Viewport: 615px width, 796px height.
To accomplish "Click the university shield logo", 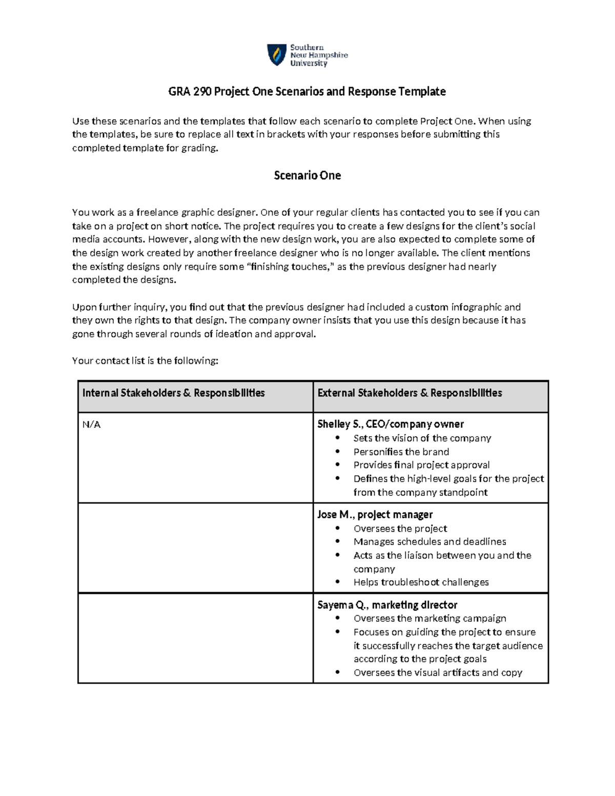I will pyautogui.click(x=277, y=55).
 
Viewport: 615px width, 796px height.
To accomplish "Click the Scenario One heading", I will pyautogui.click(x=307, y=176).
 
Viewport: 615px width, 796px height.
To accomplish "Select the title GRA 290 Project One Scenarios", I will pyautogui.click(x=307, y=92).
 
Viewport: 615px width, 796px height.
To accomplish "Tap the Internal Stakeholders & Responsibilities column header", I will pyautogui.click(x=174, y=393).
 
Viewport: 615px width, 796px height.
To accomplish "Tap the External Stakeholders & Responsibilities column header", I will pyautogui.click(x=409, y=393).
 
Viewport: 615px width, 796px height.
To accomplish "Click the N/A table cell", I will pyautogui.click(x=91, y=424).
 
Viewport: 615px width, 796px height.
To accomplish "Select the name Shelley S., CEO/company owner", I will pyautogui.click(x=391, y=424).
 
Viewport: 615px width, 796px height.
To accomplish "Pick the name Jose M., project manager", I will pyautogui.click(x=375, y=515).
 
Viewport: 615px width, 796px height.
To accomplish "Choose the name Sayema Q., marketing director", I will pyautogui.click(x=387, y=605).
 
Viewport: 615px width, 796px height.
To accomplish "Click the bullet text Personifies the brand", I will pyautogui.click(x=401, y=452).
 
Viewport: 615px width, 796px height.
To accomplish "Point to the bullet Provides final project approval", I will pyautogui.click(x=421, y=465).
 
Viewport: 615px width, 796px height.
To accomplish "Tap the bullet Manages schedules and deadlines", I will pyautogui.click(x=429, y=542).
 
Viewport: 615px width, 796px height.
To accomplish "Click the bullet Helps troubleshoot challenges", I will pyautogui.click(x=421, y=582).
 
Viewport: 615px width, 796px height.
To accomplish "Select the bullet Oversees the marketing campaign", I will pyautogui.click(x=429, y=618).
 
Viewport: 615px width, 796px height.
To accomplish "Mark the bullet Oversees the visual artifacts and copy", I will pyautogui.click(x=438, y=672).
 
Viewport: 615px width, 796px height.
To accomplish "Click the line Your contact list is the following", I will pyautogui.click(x=145, y=361).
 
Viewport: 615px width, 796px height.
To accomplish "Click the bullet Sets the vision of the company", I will pyautogui.click(x=422, y=438).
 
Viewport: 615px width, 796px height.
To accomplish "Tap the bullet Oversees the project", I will pyautogui.click(x=400, y=528).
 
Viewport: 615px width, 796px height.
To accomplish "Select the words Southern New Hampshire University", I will pyautogui.click(x=319, y=55).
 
